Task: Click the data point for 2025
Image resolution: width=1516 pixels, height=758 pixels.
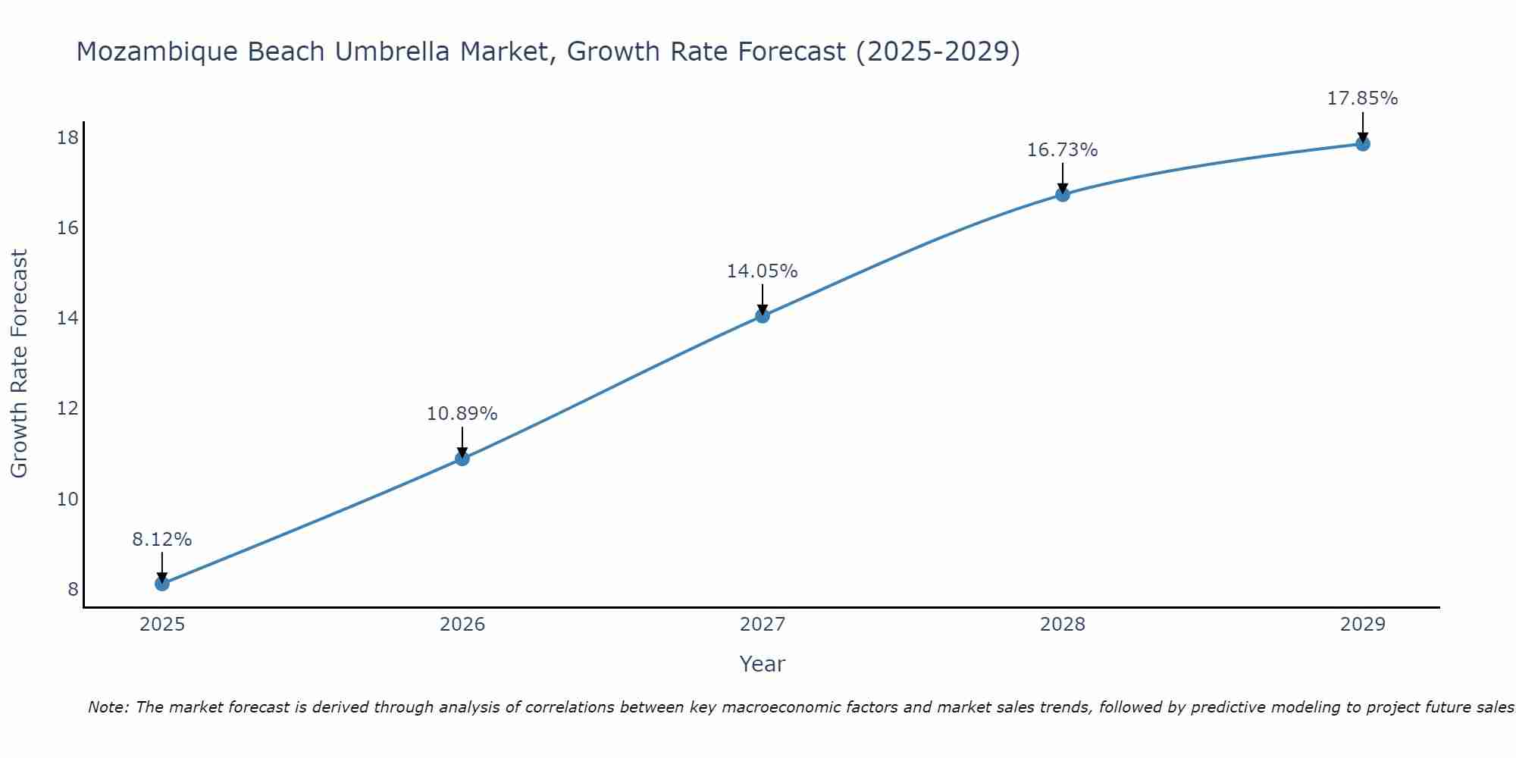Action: [162, 584]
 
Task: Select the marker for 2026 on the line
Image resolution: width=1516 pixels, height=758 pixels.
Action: [462, 459]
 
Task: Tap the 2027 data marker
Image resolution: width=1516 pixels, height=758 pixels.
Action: [763, 315]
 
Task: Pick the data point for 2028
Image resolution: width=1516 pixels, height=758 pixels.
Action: [1063, 194]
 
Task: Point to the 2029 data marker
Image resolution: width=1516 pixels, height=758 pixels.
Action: [1363, 144]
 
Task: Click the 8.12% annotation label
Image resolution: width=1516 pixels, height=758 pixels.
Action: [162, 540]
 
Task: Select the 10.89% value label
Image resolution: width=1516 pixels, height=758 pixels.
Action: [462, 414]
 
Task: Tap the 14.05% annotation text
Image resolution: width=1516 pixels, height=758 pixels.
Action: [763, 271]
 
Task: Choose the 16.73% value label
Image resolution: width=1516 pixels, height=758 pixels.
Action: [1063, 150]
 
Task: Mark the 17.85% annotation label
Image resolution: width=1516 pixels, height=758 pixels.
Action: [1363, 99]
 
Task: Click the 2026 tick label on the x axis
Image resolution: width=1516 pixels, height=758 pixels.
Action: [462, 625]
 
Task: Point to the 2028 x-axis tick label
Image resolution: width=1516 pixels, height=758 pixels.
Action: [1063, 625]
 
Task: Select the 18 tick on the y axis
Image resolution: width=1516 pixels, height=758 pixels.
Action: [68, 137]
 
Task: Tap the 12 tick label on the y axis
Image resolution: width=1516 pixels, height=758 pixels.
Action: [68, 409]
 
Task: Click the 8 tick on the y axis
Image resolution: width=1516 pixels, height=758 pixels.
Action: [73, 589]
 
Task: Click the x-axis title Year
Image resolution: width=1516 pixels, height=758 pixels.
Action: [763, 664]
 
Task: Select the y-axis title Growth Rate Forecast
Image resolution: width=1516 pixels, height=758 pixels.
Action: [20, 364]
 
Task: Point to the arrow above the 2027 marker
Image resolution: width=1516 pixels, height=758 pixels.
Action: [763, 299]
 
